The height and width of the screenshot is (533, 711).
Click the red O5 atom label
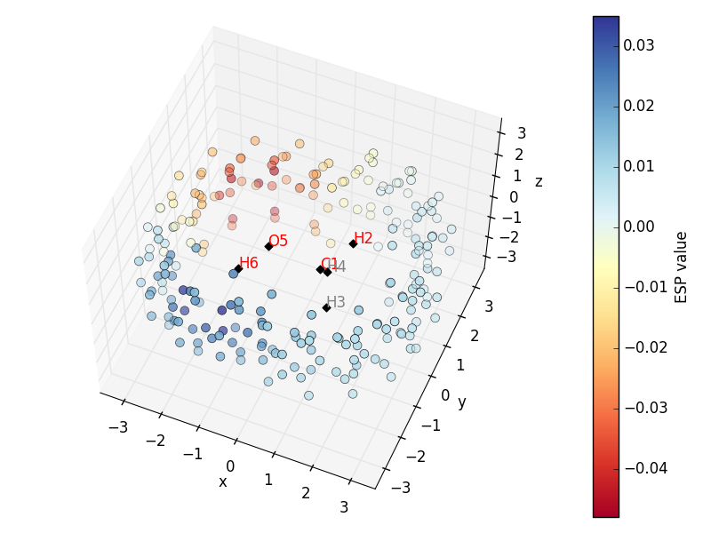pos(278,241)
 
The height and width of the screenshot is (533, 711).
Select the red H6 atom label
pos(249,263)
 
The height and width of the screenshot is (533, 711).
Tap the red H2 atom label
pos(363,238)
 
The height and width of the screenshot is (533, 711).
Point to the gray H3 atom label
pos(336,302)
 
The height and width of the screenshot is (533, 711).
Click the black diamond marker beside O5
pos(268,247)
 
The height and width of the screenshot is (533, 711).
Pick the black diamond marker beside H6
pos(238,268)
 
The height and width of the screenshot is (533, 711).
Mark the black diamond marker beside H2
pos(353,243)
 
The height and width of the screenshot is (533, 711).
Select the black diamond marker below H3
pos(327,307)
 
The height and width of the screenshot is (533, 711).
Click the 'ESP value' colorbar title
pos(682,266)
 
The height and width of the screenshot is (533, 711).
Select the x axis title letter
pos(222,481)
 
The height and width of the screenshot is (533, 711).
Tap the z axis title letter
pos(539,182)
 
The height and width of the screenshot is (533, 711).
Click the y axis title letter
pos(461,402)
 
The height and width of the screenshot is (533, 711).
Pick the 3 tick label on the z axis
pos(522,134)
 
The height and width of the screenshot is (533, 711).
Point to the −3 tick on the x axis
pos(117,427)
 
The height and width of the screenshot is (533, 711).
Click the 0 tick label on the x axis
pos(230,466)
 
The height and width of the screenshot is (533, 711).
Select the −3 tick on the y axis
pos(402,488)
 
